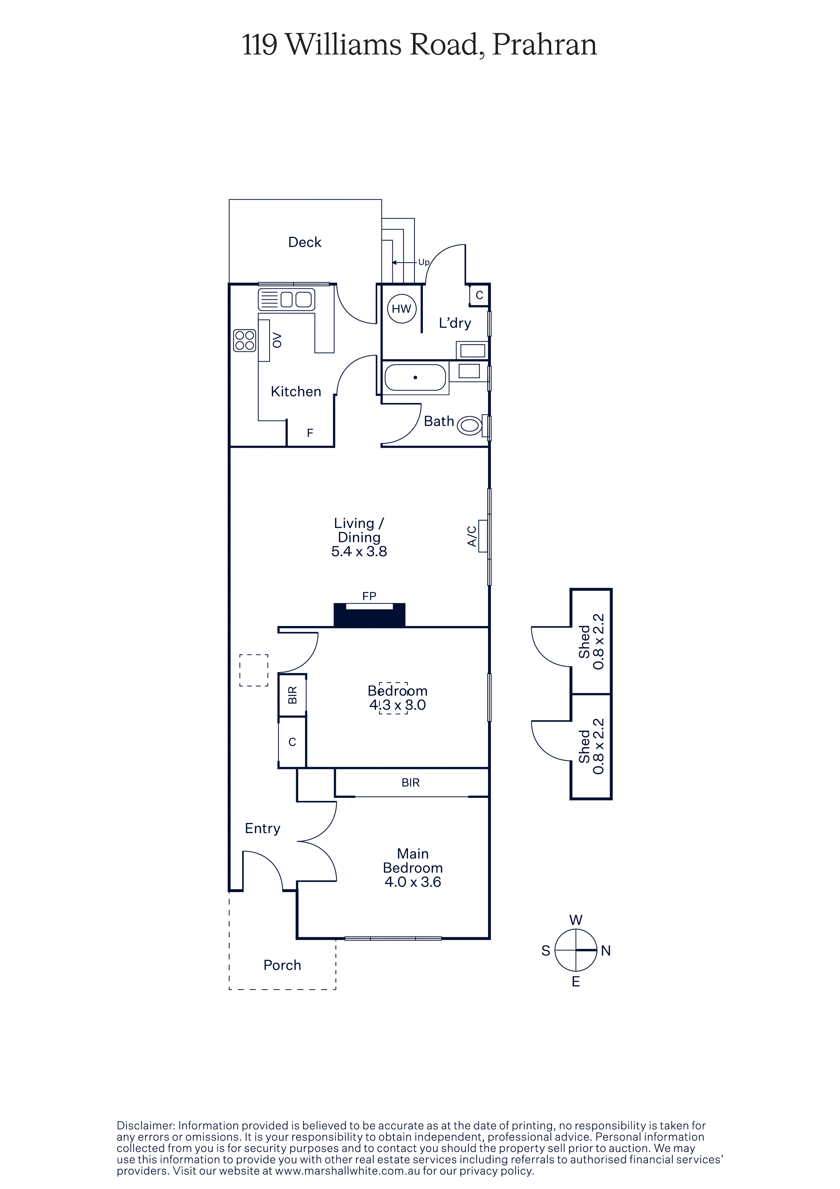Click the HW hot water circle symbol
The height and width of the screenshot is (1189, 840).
click(402, 309)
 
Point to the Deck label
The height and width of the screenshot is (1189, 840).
click(305, 242)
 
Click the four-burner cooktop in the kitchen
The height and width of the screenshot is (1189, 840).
click(245, 341)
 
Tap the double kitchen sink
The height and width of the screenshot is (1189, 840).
click(286, 299)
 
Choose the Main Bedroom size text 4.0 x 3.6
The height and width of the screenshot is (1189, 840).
click(413, 882)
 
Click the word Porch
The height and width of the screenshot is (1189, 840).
click(282, 965)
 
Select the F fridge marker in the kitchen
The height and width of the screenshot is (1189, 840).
click(310, 433)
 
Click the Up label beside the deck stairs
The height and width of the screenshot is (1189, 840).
click(424, 262)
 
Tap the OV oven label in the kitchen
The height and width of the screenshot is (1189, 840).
click(277, 340)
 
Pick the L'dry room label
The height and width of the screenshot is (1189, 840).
click(455, 323)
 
